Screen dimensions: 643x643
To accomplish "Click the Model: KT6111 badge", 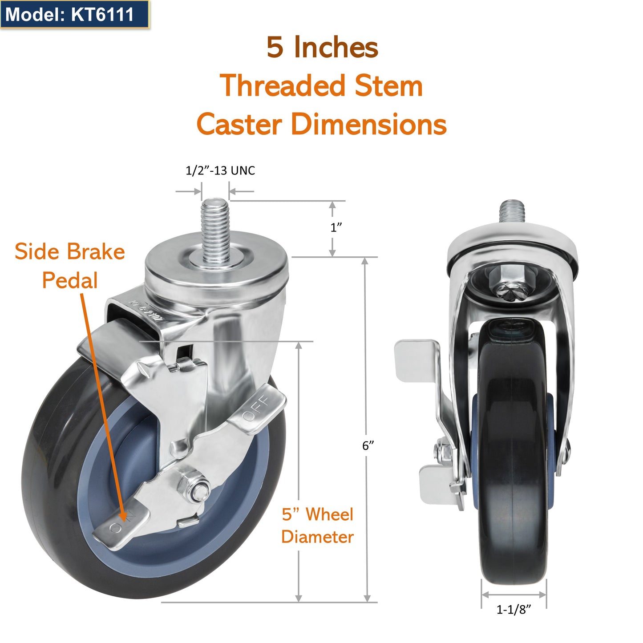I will pos(70,14).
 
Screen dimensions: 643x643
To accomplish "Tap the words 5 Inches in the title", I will pos(322,47).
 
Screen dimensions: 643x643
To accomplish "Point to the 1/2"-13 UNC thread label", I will pos(220,170).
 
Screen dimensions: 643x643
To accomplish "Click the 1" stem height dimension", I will pos(336,227).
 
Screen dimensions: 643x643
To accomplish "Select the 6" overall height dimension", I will pos(368,445).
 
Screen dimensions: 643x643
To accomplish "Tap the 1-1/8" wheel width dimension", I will pos(514,609).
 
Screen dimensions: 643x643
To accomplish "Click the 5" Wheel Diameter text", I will pos(317,526).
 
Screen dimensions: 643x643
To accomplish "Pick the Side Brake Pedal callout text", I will pos(69,266).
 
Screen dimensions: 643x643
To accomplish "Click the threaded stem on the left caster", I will pos(214,227).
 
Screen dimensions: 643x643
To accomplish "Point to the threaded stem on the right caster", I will pos(512,212).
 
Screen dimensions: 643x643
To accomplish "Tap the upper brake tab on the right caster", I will pos(417,360).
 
